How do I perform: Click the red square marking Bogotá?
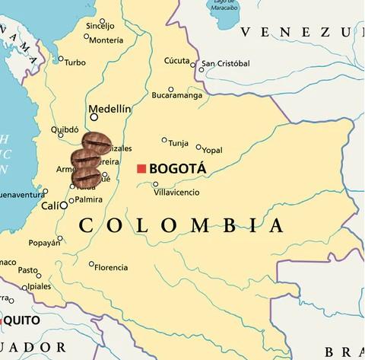(x=140, y=168)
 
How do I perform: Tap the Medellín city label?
(x=110, y=109)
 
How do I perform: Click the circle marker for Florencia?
(x=92, y=265)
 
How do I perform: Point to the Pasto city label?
(x=28, y=269)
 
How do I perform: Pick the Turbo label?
(x=75, y=62)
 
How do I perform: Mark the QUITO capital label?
(x=24, y=320)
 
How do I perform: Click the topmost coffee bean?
(x=97, y=142)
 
